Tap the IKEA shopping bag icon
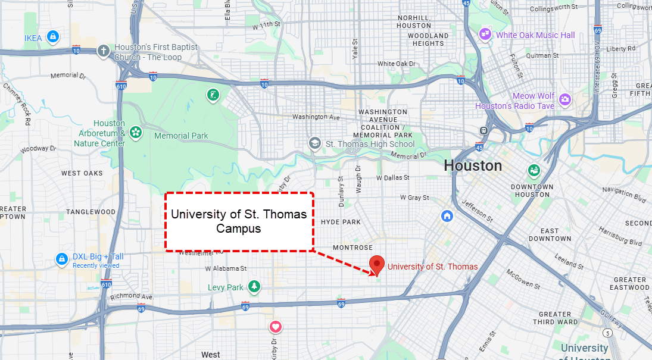tap(54, 37)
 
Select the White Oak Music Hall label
tap(535, 35)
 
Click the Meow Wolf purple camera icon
tap(565, 99)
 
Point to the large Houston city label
tap(473, 165)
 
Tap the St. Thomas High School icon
tap(314, 143)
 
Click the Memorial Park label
tap(181, 136)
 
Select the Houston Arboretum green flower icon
tap(136, 132)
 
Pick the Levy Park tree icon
tap(254, 287)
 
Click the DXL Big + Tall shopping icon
tap(61, 259)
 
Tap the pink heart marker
tap(275, 327)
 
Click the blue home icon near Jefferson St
tap(447, 215)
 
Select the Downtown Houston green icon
tap(534, 171)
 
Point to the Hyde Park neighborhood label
tap(341, 222)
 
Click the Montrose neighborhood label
tap(352, 248)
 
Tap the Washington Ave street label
tap(315, 117)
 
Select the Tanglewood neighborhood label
tap(91, 212)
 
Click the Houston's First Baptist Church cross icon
tap(103, 51)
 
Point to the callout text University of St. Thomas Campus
tap(239, 221)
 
